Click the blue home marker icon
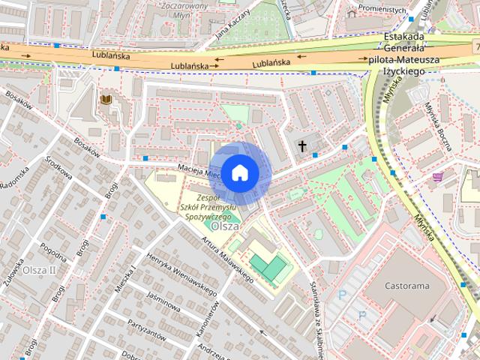[238, 172]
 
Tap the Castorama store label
[406, 286]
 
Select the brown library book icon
[106, 99]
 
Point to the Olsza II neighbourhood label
[39, 270]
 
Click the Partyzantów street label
[147, 329]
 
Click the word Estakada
[403, 37]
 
